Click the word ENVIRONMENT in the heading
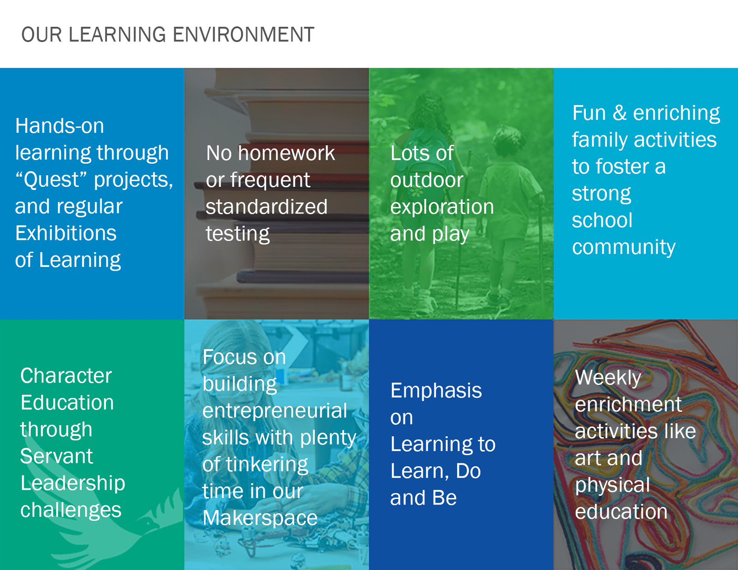(x=244, y=35)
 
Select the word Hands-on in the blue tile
(x=60, y=126)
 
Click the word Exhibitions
(x=66, y=233)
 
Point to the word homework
(x=286, y=153)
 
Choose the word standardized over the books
(x=267, y=207)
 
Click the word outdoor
(x=427, y=179)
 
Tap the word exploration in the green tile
(x=442, y=207)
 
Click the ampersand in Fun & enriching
(x=619, y=113)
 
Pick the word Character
(x=66, y=375)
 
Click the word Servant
(x=56, y=456)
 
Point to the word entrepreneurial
(x=275, y=411)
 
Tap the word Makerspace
(x=260, y=518)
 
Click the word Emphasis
(x=436, y=391)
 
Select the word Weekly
(x=608, y=378)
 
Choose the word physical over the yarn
(x=613, y=485)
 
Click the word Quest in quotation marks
(x=51, y=179)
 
